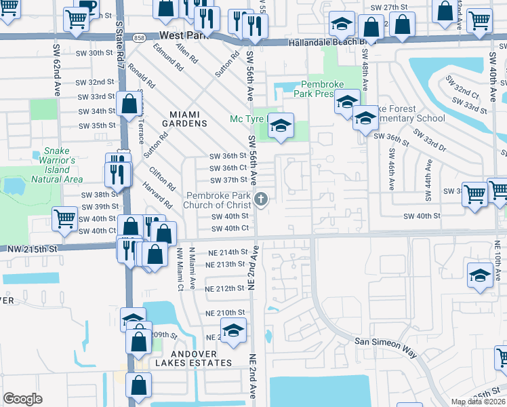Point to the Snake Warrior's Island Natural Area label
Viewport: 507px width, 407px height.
pyautogui.click(x=57, y=165)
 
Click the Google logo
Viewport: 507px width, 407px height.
pyautogui.click(x=22, y=399)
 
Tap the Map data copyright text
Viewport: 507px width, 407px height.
pyautogui.click(x=478, y=402)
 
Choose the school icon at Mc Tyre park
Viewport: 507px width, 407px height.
pyautogui.click(x=281, y=125)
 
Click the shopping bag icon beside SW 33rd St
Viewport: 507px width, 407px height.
pyautogui.click(x=129, y=104)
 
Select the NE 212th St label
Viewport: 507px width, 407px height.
pyautogui.click(x=224, y=288)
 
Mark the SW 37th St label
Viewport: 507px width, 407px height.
pyautogui.click(x=228, y=180)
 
